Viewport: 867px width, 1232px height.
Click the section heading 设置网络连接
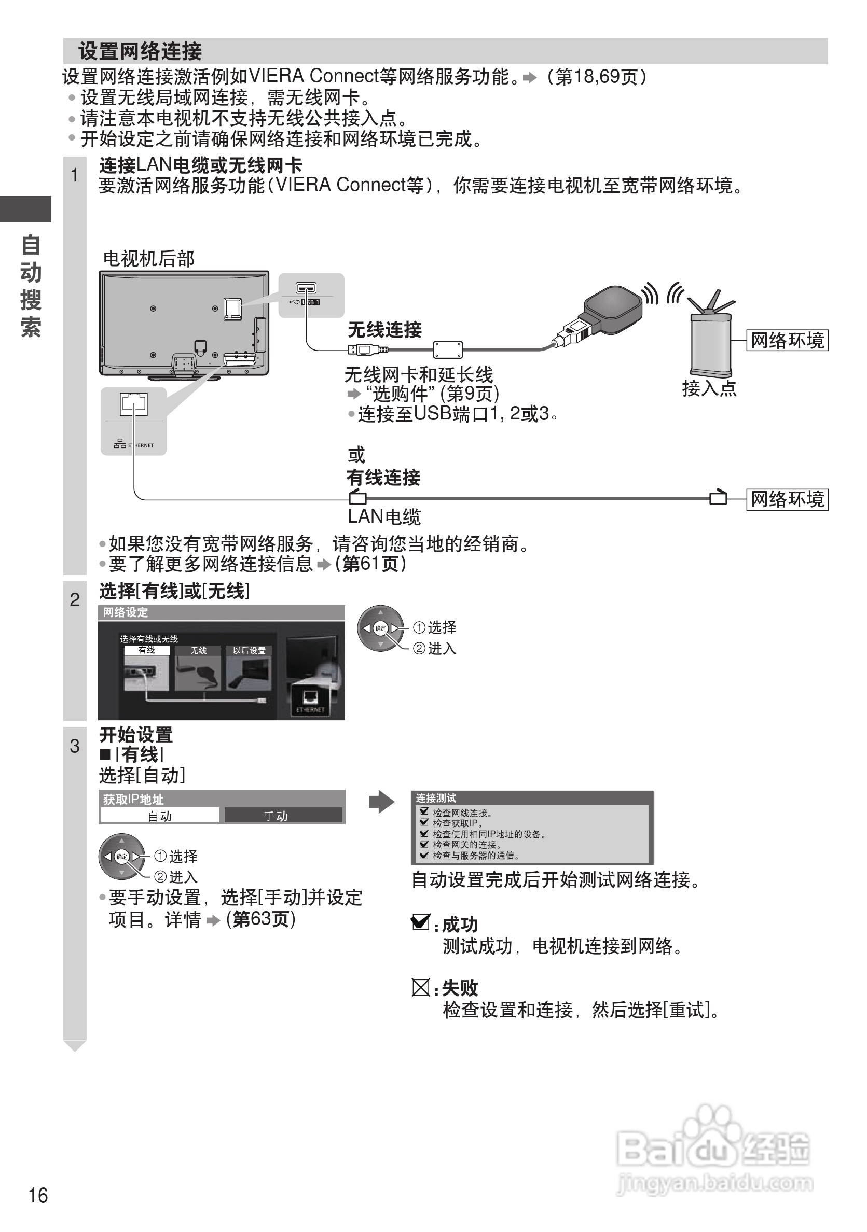tap(140, 51)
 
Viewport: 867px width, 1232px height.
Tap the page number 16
tap(38, 1196)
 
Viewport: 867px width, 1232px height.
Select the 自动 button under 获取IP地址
tap(159, 816)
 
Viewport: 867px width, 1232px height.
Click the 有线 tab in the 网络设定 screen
tap(146, 650)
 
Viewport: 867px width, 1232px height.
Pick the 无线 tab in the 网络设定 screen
tap(198, 650)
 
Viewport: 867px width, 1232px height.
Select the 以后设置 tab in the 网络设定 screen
tap(249, 650)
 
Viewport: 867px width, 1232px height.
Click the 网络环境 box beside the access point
tap(787, 340)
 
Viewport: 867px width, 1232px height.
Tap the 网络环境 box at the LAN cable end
tap(787, 499)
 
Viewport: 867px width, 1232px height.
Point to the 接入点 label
tap(709, 388)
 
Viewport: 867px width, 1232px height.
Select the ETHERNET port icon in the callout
tap(134, 404)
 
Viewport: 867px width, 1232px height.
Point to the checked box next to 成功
tap(420, 922)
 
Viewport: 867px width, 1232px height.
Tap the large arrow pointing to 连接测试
tap(382, 802)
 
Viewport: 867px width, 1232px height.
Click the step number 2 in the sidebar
tap(75, 599)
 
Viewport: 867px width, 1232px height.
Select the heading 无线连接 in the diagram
tap(384, 329)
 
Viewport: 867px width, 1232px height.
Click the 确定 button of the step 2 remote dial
tap(381, 628)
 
